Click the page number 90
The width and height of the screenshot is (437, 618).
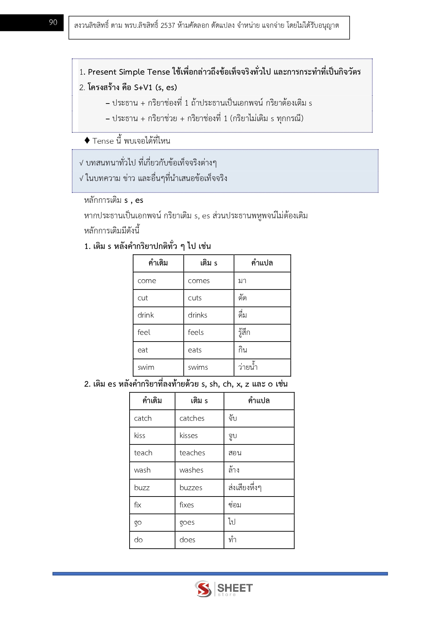pyautogui.click(x=53, y=23)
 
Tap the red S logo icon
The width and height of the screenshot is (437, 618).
pyautogui.click(x=203, y=589)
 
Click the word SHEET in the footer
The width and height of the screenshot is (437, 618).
pyautogui.click(x=235, y=588)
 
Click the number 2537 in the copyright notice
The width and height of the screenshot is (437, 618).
pyautogui.click(x=168, y=25)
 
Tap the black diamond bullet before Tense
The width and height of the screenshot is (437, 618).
pyautogui.click(x=87, y=141)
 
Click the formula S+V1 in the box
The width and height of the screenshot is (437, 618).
pyautogui.click(x=143, y=87)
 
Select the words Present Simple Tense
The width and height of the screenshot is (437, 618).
pyautogui.click(x=129, y=72)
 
